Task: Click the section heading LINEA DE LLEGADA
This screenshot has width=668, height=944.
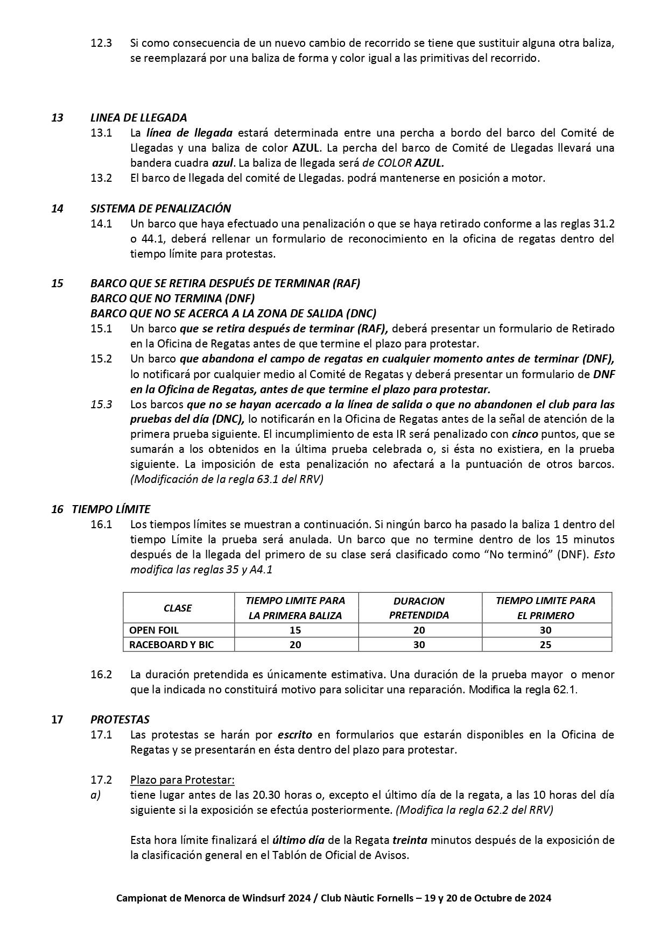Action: [138, 117]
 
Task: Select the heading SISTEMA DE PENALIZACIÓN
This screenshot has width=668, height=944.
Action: [160, 208]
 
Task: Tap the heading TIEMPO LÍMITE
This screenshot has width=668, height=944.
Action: [111, 509]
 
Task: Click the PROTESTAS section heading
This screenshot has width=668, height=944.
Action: [120, 719]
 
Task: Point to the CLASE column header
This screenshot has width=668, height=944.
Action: [178, 608]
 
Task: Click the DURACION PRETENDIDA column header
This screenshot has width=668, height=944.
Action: [419, 608]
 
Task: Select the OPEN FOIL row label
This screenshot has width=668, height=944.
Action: [154, 630]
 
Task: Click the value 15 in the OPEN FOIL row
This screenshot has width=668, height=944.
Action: [295, 630]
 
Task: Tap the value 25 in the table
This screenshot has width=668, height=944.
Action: [545, 644]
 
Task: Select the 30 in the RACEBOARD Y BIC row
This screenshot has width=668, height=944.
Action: [419, 644]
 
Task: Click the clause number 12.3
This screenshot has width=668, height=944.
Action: [101, 43]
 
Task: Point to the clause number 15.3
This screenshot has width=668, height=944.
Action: [101, 404]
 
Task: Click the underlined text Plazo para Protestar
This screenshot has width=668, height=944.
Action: [182, 779]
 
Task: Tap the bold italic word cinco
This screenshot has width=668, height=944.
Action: [524, 434]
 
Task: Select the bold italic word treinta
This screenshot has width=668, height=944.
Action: [410, 840]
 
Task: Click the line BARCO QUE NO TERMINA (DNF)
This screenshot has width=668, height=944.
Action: [172, 298]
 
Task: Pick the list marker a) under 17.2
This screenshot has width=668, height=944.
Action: [96, 794]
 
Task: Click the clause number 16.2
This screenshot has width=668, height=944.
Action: [101, 675]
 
